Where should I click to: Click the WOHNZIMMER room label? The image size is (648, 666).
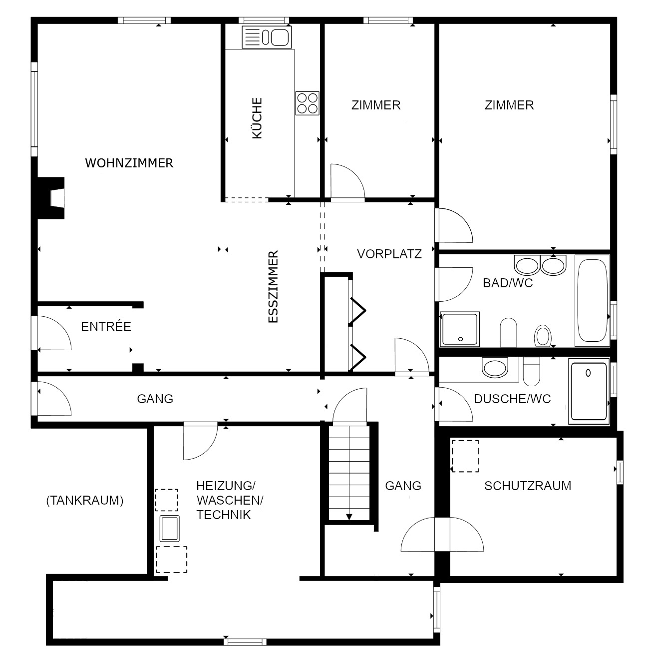[x=129, y=163]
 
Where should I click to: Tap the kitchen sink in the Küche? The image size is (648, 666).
[x=267, y=37]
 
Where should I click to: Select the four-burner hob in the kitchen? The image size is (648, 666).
[x=307, y=103]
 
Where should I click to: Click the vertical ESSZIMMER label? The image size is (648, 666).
[x=273, y=287]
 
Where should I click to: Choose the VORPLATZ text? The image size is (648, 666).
[x=389, y=254]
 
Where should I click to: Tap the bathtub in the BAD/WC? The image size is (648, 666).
[x=592, y=300]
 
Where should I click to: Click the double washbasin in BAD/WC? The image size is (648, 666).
[x=540, y=265]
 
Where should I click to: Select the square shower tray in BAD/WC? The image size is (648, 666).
[x=459, y=329]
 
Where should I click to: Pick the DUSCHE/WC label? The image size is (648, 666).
[x=512, y=399]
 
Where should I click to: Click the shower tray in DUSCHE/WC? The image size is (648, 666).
[x=589, y=391]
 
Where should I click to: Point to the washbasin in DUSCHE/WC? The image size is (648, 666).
[x=494, y=368]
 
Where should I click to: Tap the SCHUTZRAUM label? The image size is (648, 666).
[x=528, y=486]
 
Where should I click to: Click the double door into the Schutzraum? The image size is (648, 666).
[x=442, y=535]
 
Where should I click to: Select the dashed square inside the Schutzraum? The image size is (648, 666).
[x=465, y=456]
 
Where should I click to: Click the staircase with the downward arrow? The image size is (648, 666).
[x=348, y=472]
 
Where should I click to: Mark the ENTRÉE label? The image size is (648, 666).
[x=106, y=326]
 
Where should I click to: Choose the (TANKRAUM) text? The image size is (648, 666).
[x=84, y=501]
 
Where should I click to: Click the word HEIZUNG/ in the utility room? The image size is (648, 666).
[x=226, y=486]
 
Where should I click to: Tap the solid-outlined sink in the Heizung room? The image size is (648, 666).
[x=170, y=529]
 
